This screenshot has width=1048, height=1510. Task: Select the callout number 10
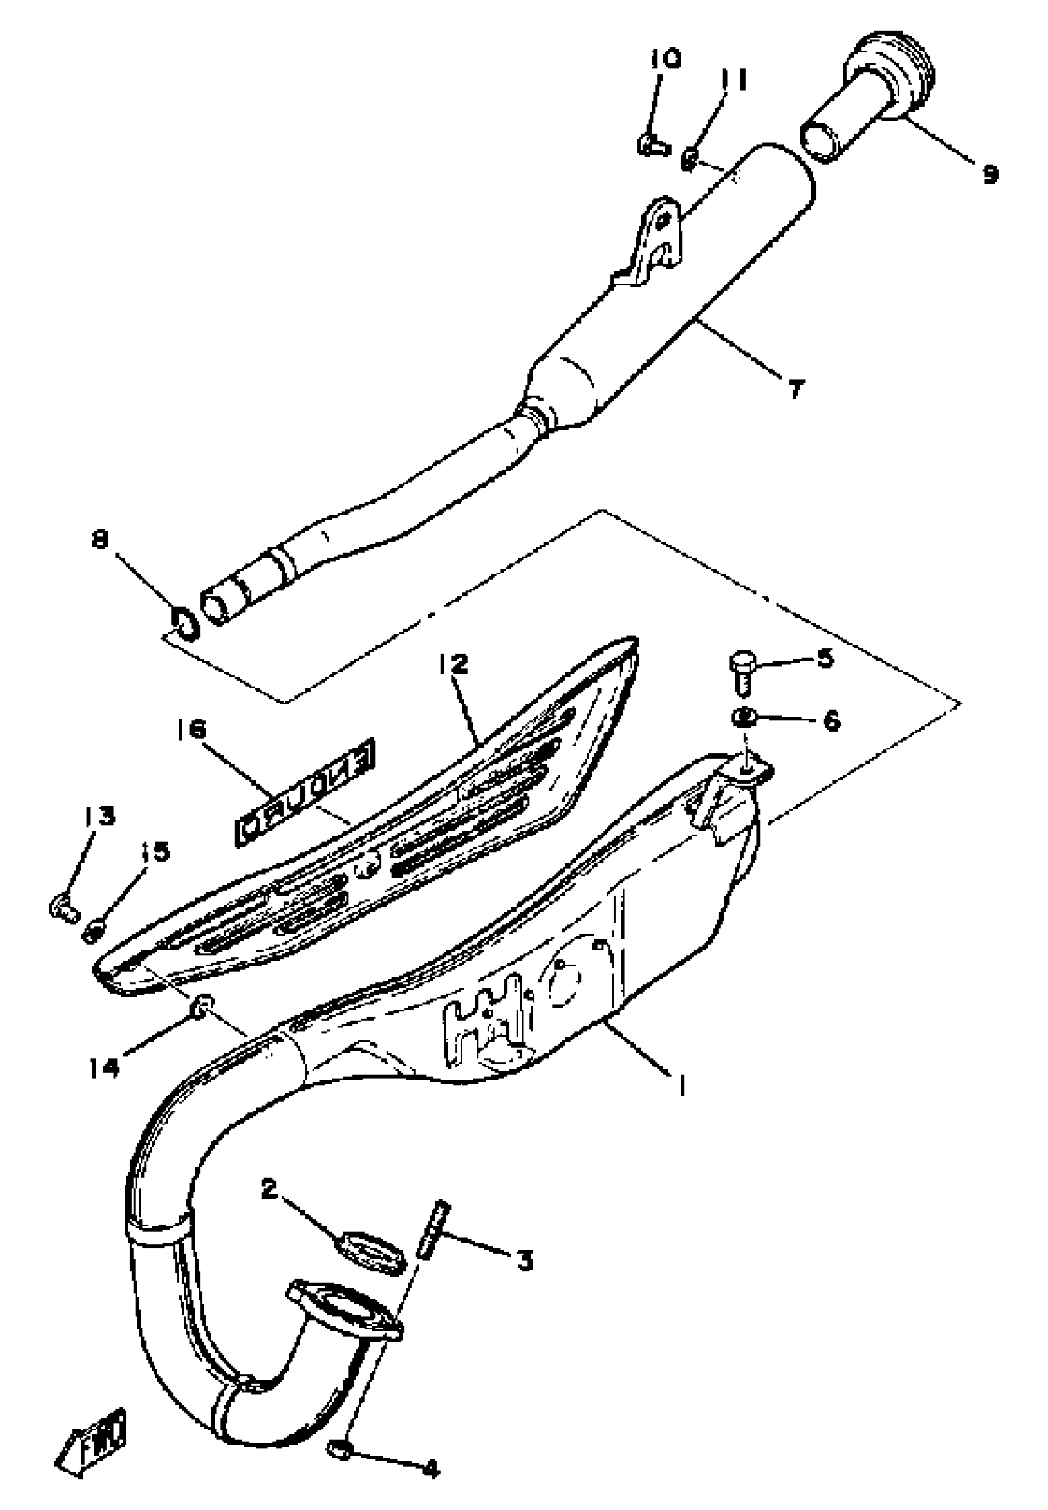665,59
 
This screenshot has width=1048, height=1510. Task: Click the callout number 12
454,664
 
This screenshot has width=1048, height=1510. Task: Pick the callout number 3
524,1260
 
